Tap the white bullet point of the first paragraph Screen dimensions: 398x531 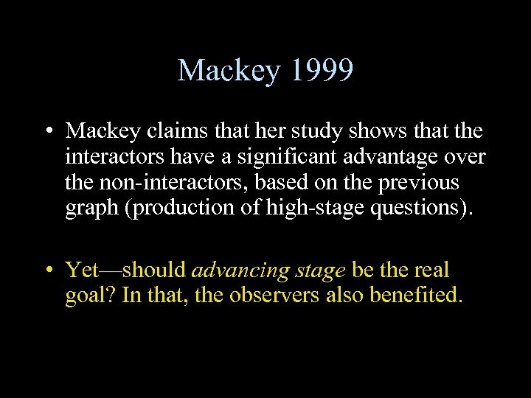click(46, 132)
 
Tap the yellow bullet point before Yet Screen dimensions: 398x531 click(46, 271)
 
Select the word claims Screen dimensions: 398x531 click(170, 131)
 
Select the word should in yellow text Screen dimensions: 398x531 click(156, 270)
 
